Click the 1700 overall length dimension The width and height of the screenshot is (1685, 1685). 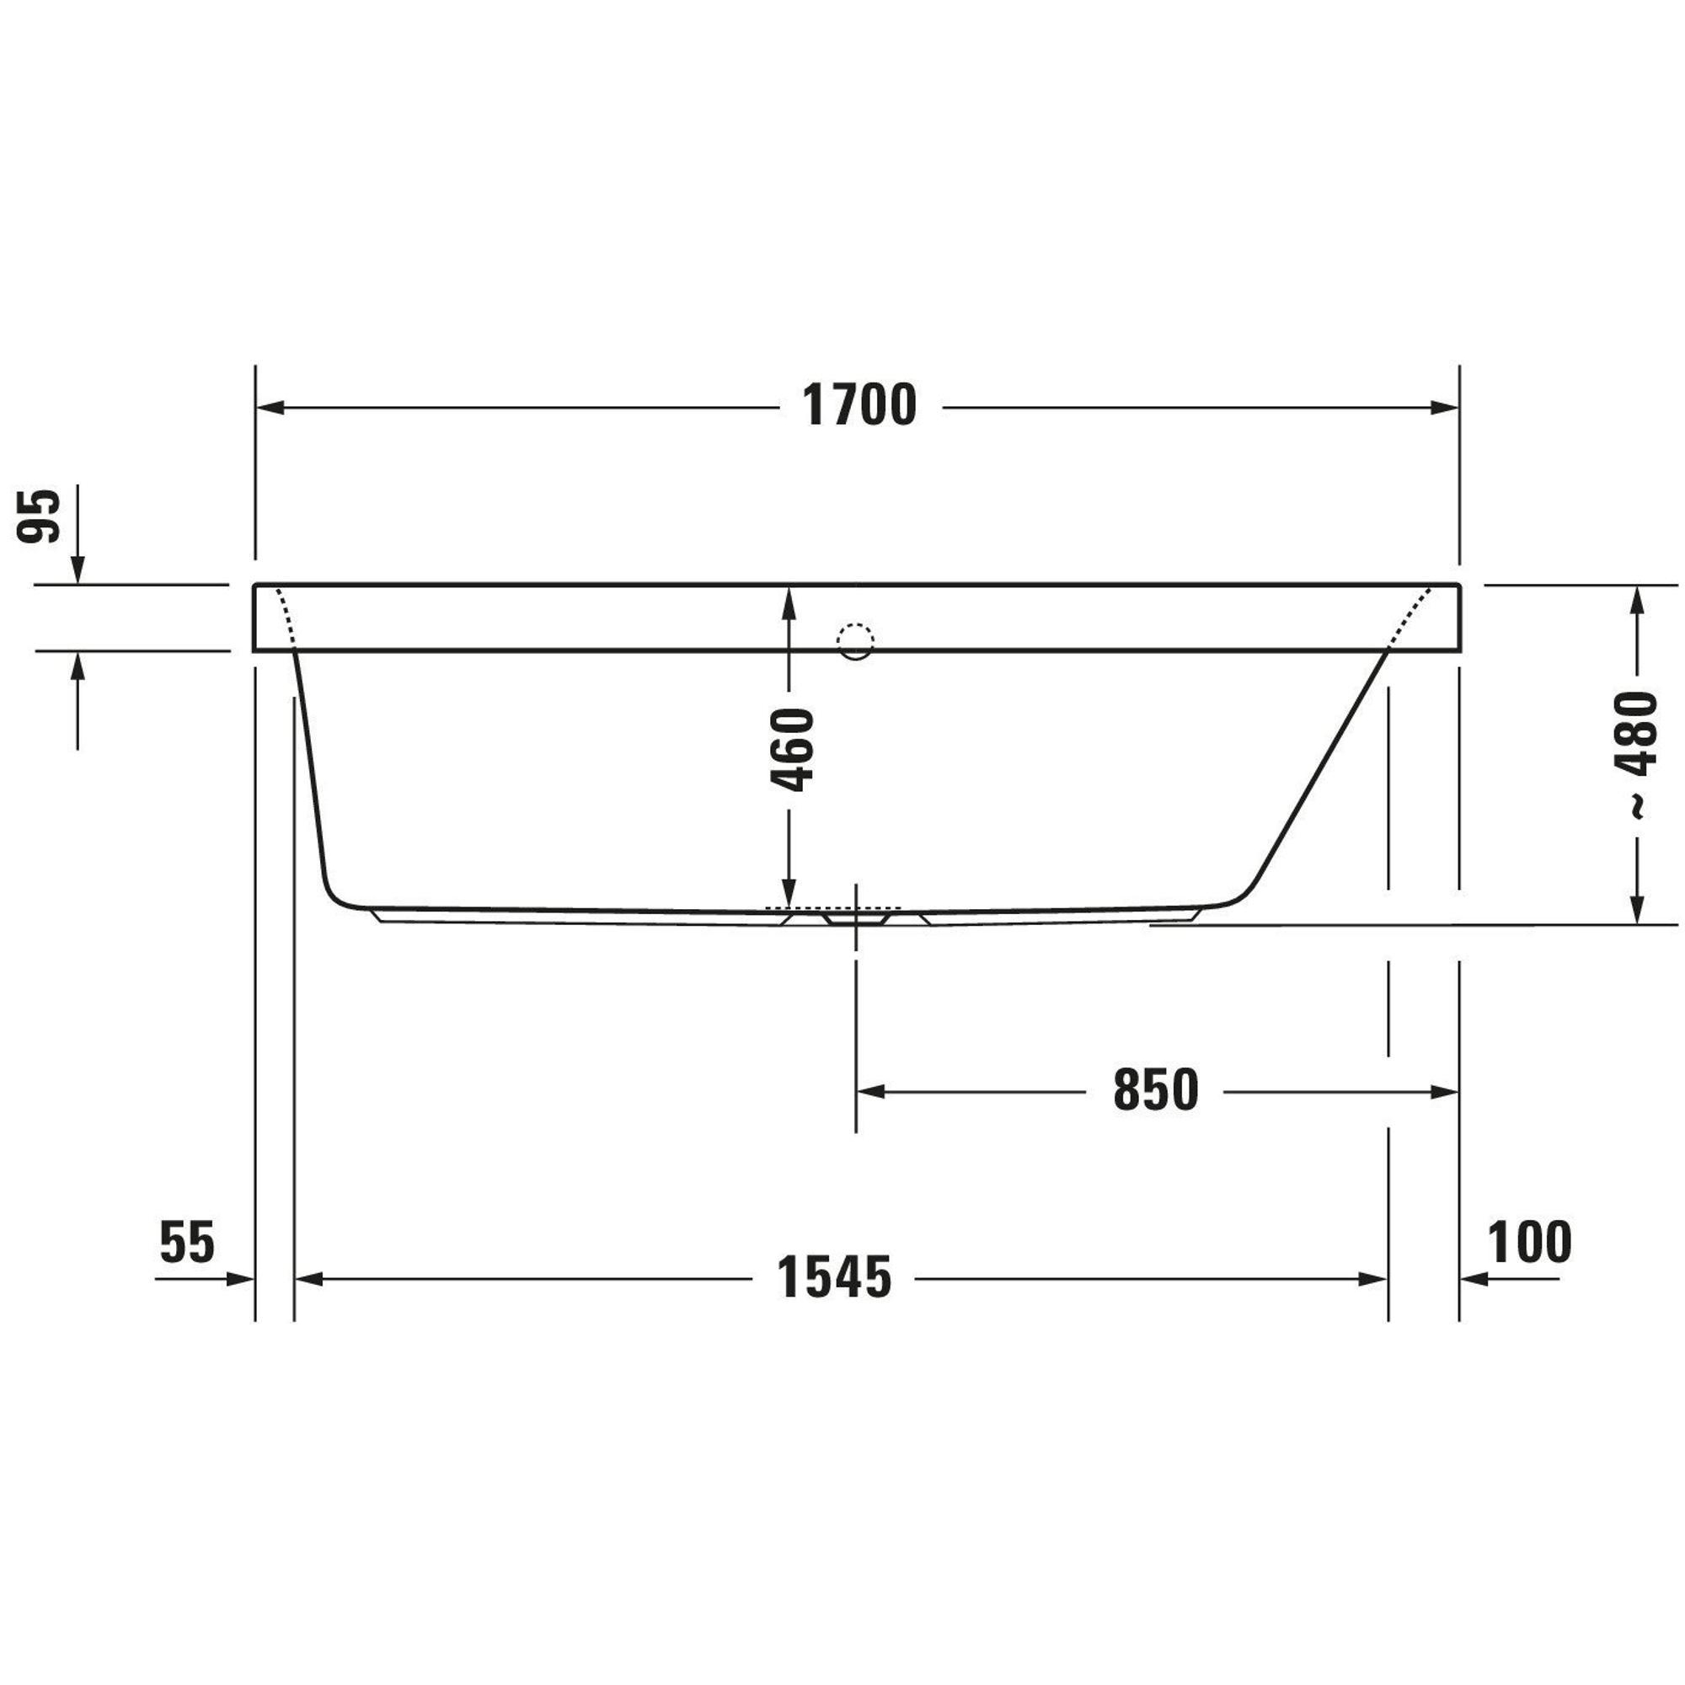859,405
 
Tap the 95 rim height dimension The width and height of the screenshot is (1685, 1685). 40,516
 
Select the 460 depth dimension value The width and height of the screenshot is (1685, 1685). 792,749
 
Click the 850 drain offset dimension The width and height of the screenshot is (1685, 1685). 1156,1090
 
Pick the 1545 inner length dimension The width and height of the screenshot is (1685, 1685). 835,1278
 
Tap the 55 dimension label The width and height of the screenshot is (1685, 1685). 187,1242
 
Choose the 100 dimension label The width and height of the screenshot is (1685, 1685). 1530,1242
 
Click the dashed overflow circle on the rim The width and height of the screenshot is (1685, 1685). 854,642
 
